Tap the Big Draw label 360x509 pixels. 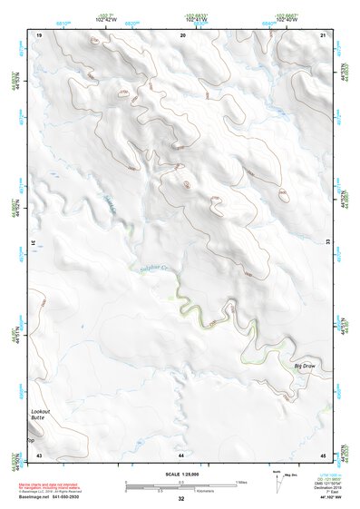[304, 366]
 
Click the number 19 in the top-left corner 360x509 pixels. [39, 34]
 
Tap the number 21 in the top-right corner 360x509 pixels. [323, 34]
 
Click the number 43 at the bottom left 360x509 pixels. [39, 454]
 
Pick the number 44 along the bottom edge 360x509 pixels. [181, 454]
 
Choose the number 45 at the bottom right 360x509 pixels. [323, 454]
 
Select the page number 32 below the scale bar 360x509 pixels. [181, 499]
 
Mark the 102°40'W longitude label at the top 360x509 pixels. [287, 18]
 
